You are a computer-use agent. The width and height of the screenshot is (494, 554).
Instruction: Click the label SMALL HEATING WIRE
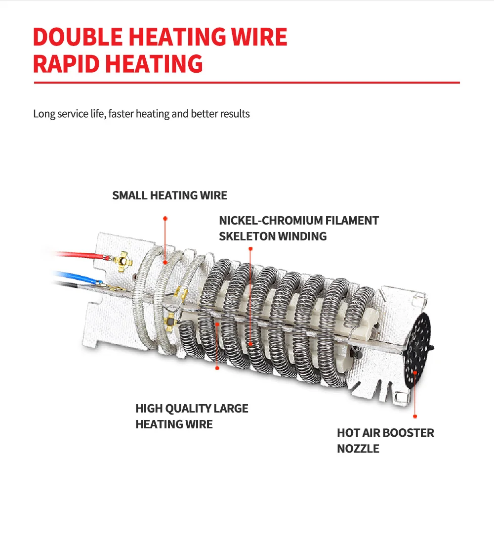[169, 195]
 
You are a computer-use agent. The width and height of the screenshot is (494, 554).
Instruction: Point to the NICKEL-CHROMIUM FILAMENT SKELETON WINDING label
[299, 229]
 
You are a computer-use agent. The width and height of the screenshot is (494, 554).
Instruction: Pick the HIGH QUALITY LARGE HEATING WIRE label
[192, 416]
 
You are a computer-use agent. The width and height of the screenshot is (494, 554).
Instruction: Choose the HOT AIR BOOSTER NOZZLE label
[385, 441]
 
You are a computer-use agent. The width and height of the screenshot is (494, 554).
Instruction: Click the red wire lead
[79, 255]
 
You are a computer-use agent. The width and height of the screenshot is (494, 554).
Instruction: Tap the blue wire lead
[74, 275]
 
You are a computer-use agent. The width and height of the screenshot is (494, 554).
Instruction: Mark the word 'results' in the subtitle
[235, 114]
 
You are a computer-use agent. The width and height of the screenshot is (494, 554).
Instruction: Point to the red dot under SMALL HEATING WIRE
[165, 218]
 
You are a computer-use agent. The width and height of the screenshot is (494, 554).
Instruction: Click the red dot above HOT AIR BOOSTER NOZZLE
[415, 417]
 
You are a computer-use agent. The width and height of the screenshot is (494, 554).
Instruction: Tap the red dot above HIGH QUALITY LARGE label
[217, 368]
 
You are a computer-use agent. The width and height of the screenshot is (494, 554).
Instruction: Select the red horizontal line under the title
[247, 83]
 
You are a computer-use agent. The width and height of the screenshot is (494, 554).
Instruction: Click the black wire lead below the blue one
[74, 283]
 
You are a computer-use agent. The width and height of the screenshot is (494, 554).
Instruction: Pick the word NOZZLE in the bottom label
[358, 449]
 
